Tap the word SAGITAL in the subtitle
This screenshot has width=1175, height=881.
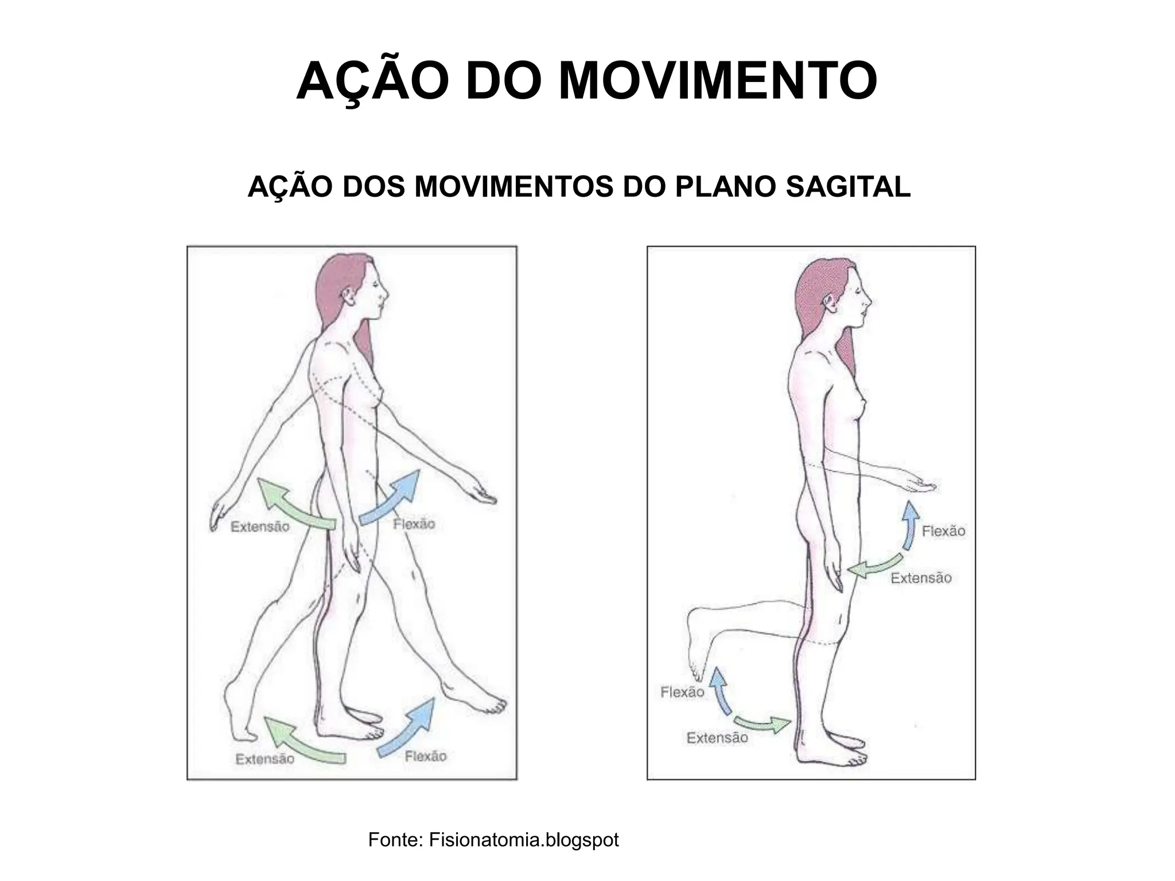847,187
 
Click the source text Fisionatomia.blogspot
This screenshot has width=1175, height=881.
523,840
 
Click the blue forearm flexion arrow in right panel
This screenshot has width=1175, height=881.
909,525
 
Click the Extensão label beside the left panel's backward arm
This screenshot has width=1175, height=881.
260,527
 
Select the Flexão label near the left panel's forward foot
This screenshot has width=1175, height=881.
425,757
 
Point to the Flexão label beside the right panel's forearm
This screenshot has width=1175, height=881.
943,531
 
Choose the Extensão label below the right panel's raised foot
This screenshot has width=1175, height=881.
717,738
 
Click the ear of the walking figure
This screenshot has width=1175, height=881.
347,296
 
